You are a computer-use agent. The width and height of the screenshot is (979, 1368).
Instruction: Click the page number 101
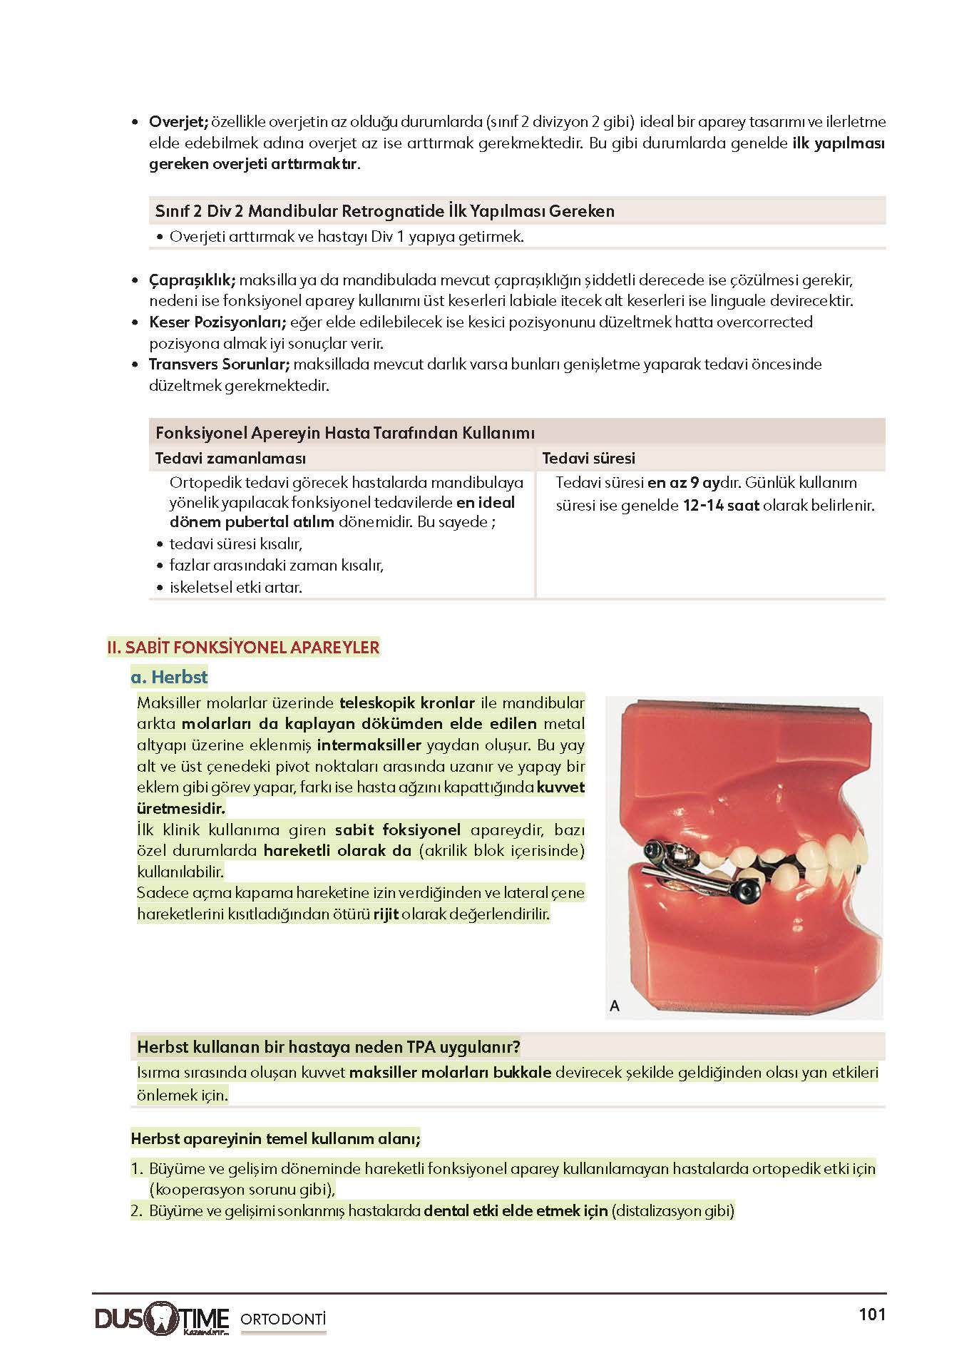(x=871, y=1315)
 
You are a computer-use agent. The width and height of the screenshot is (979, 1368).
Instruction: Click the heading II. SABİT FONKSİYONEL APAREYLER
(x=243, y=648)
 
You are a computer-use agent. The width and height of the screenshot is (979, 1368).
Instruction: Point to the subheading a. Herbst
(x=169, y=677)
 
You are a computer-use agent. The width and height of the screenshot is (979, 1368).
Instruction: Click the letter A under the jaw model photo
(x=615, y=1006)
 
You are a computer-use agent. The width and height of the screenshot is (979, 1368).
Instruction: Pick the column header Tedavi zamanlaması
(x=230, y=459)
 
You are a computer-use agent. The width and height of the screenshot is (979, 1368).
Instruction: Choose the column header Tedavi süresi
(x=588, y=459)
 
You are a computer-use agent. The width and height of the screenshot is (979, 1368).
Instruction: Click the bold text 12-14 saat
(x=720, y=506)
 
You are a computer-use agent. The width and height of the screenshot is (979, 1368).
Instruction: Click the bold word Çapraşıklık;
(x=192, y=280)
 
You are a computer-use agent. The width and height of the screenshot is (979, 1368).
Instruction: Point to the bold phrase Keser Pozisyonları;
(x=217, y=322)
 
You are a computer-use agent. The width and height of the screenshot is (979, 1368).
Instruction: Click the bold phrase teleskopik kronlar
(x=406, y=703)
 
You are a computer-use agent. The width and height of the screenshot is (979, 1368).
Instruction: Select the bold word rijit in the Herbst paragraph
(x=386, y=914)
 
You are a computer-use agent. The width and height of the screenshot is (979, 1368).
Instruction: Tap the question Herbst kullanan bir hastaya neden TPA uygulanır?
(x=328, y=1047)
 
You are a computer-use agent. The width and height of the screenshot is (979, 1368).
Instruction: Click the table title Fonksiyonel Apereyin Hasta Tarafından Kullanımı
(x=345, y=433)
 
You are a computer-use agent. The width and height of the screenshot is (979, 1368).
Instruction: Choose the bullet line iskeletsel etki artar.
(x=235, y=588)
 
